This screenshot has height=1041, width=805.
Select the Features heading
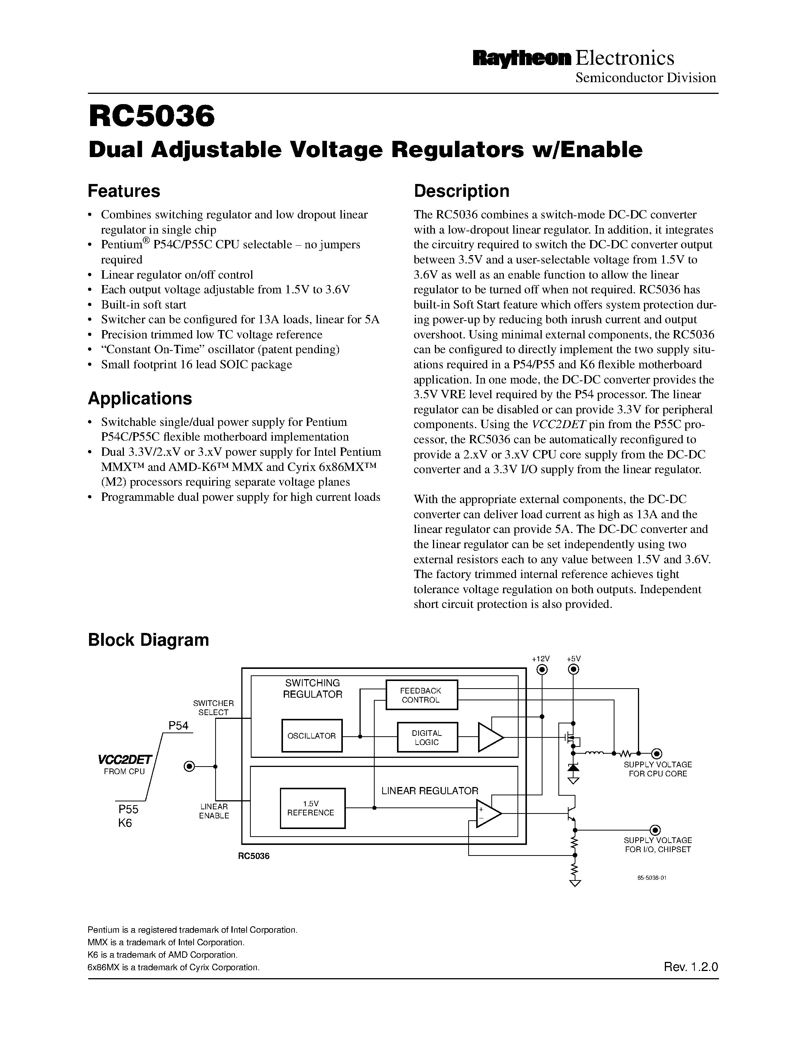click(x=124, y=191)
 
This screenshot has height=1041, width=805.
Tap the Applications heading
click(x=140, y=399)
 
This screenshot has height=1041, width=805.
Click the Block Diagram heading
click(x=148, y=640)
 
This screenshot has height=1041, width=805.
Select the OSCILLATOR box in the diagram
click(x=311, y=736)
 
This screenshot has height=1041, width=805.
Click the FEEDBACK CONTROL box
click(x=421, y=695)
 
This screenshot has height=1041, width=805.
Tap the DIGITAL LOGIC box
click(x=427, y=737)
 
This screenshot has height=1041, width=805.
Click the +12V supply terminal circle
click(x=542, y=670)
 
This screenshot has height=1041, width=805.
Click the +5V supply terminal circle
click(x=574, y=670)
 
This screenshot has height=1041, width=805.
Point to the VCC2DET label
click(x=125, y=759)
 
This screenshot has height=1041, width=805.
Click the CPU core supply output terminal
click(x=657, y=754)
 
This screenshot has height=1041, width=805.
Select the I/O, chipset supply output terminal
click(x=656, y=830)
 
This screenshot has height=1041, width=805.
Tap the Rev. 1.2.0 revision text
click(x=691, y=967)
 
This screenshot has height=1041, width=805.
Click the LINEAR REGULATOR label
click(x=429, y=791)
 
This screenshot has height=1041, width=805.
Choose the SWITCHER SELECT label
click(x=213, y=708)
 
